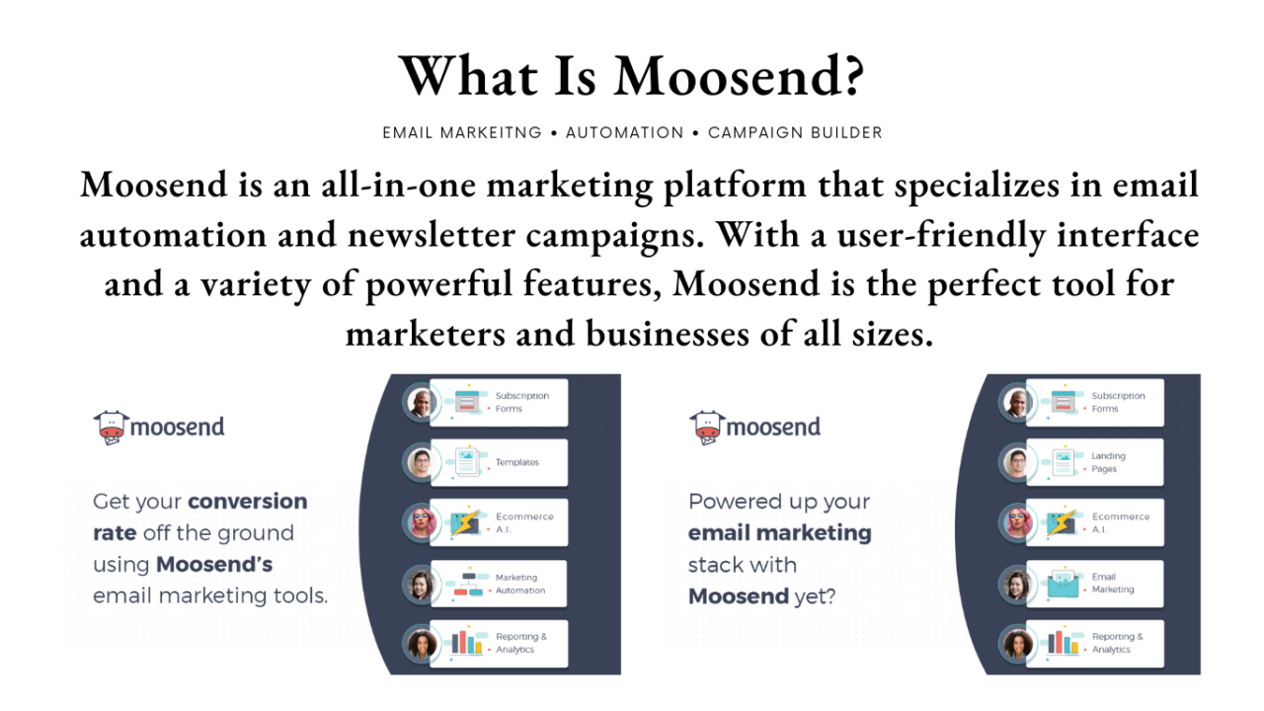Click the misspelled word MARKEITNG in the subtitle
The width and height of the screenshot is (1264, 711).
point(491,133)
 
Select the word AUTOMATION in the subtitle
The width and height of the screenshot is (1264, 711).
point(625,133)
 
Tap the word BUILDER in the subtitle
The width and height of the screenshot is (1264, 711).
point(846,133)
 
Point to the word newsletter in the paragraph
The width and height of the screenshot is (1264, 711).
point(432,235)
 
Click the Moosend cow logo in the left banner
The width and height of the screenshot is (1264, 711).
point(112,428)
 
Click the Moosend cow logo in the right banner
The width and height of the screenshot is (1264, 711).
point(707,428)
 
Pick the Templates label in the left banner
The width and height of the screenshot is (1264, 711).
point(516,462)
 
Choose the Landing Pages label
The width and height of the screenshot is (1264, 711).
point(1108,462)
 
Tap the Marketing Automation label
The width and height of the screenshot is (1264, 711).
point(520,584)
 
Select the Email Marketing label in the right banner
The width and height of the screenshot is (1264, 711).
point(1113,583)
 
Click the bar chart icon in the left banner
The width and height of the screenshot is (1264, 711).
point(467,642)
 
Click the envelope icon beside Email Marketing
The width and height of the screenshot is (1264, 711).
point(1064,584)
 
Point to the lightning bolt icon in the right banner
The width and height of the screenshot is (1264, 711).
point(1062,522)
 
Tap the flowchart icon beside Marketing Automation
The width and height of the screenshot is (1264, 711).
point(468,584)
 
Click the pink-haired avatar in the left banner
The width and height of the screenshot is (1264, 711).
point(422,522)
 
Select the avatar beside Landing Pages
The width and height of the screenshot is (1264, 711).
point(1016,463)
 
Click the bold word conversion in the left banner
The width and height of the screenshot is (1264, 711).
point(247,501)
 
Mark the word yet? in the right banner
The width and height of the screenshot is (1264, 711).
point(815,596)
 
